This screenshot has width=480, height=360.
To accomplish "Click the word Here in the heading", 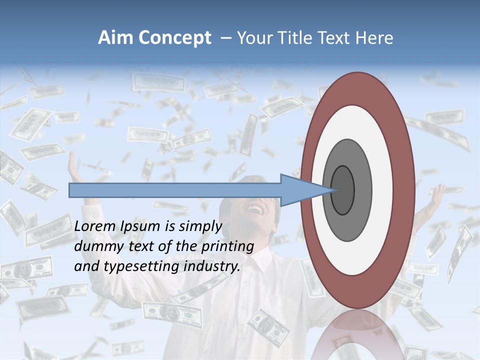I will pos(374,38).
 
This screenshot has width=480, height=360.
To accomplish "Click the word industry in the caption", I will pos(212,266).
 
